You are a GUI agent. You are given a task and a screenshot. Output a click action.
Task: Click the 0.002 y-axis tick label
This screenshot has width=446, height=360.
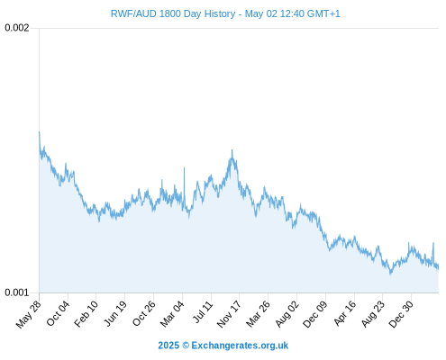pos(17,28)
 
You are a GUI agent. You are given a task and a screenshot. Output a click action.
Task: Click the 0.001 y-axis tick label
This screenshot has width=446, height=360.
pos(17,292)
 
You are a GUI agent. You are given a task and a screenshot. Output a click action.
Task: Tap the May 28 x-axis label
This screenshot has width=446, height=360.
pos(29,314)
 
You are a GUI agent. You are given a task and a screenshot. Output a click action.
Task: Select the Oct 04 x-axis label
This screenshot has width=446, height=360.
pos(58,313)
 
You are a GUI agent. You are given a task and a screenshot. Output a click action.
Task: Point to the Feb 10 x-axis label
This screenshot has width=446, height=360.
pos(86,314)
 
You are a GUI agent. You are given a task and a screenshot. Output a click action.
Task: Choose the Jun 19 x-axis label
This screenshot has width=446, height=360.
pos(115,314)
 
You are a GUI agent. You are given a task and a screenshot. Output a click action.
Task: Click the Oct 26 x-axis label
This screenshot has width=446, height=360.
pos(144,313)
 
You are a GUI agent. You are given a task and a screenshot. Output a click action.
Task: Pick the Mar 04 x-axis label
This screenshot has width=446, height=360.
pos(172,314)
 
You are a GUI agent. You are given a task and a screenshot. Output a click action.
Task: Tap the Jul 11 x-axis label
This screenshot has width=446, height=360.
pos(203,312)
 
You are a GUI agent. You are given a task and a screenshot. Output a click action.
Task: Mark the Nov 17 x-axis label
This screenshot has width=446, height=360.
pos(229,314)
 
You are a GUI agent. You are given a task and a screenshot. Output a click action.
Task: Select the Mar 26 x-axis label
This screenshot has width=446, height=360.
pos(258,314)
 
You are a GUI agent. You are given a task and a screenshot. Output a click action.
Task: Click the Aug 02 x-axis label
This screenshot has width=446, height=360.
pos(287,314)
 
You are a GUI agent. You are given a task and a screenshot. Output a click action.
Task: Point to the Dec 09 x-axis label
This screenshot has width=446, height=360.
pos(315,314)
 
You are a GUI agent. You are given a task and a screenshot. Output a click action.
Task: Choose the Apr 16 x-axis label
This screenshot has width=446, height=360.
pos(345,313)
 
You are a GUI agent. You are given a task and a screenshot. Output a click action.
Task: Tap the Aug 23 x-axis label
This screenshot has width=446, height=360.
pos(373,314)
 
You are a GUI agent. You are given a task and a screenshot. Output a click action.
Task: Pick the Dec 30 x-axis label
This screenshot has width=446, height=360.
pos(401,314)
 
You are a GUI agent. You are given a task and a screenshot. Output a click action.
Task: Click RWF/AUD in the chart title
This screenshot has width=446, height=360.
pos(133,13)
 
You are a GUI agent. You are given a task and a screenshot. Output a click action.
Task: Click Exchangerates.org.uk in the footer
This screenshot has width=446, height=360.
pos(240,346)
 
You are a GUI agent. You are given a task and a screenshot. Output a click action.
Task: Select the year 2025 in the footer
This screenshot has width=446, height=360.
pos(168,346)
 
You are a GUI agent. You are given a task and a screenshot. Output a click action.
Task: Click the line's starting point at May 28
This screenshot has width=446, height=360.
pos(39,131)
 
